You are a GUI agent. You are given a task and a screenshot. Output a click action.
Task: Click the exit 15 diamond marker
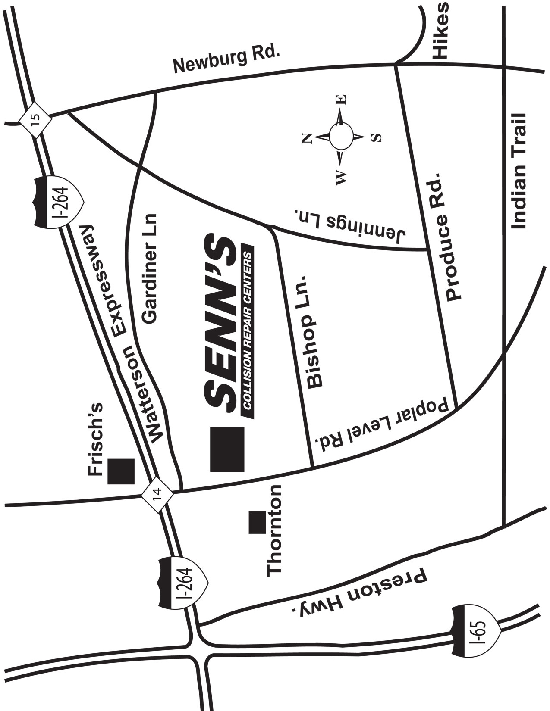(x=35, y=119)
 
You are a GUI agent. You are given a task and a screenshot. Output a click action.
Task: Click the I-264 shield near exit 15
(x=60, y=201)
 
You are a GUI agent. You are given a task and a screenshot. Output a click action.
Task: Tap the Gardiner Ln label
(x=150, y=268)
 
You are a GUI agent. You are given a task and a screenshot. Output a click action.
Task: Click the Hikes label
(x=441, y=30)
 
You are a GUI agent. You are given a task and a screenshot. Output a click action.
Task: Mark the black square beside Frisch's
(x=121, y=471)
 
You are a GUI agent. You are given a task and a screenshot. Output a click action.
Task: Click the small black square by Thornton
(x=258, y=522)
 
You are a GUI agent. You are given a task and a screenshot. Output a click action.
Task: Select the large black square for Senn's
(x=227, y=449)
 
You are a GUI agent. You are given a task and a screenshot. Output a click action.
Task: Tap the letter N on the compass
(x=307, y=138)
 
